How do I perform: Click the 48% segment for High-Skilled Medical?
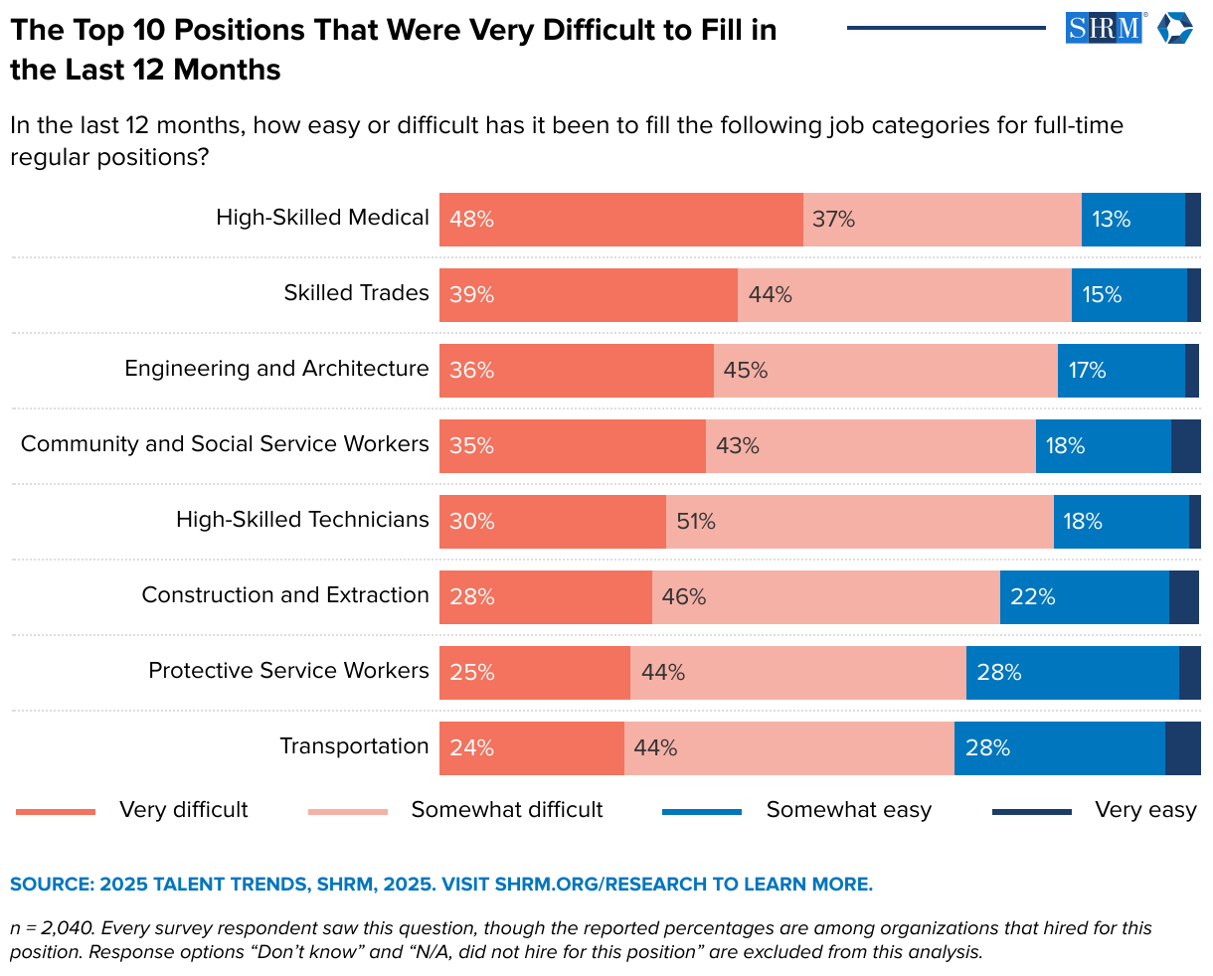620,220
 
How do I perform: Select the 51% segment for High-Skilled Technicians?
859,522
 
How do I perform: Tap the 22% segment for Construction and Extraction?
1084,597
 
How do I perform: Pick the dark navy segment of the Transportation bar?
1182,748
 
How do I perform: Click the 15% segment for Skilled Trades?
1128,295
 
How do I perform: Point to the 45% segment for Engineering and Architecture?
885,371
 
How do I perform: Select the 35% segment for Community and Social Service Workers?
572,446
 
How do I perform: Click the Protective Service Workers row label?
288,671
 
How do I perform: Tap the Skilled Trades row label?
356,293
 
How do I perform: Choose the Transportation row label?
354,746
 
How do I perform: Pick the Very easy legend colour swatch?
1031,812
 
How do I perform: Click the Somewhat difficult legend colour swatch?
348,812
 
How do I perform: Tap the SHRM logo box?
1106,28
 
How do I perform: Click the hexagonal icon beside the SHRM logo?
1174,28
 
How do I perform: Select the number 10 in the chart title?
128,30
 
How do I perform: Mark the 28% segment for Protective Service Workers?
1072,673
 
